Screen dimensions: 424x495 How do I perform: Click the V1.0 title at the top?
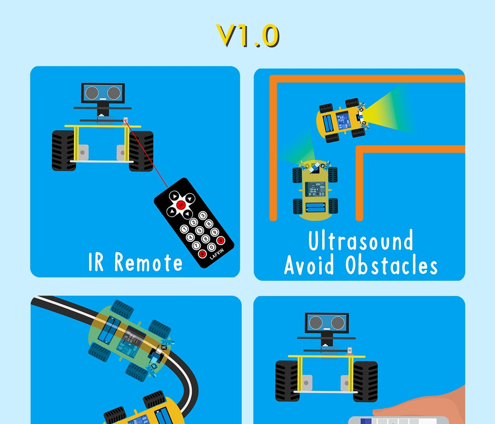coord(248,36)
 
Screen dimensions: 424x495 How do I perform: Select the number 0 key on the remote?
coord(211,247)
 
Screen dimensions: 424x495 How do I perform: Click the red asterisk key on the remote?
coord(202,253)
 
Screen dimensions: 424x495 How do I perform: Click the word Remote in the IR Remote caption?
coord(148,262)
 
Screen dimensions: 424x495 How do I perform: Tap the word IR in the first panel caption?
coord(96,262)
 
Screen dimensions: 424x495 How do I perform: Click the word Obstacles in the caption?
coord(391,265)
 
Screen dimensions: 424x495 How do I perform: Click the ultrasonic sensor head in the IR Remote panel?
coord(103,93)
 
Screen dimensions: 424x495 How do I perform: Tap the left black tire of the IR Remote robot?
coord(64,150)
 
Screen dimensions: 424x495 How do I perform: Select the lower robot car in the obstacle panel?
coord(315,189)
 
